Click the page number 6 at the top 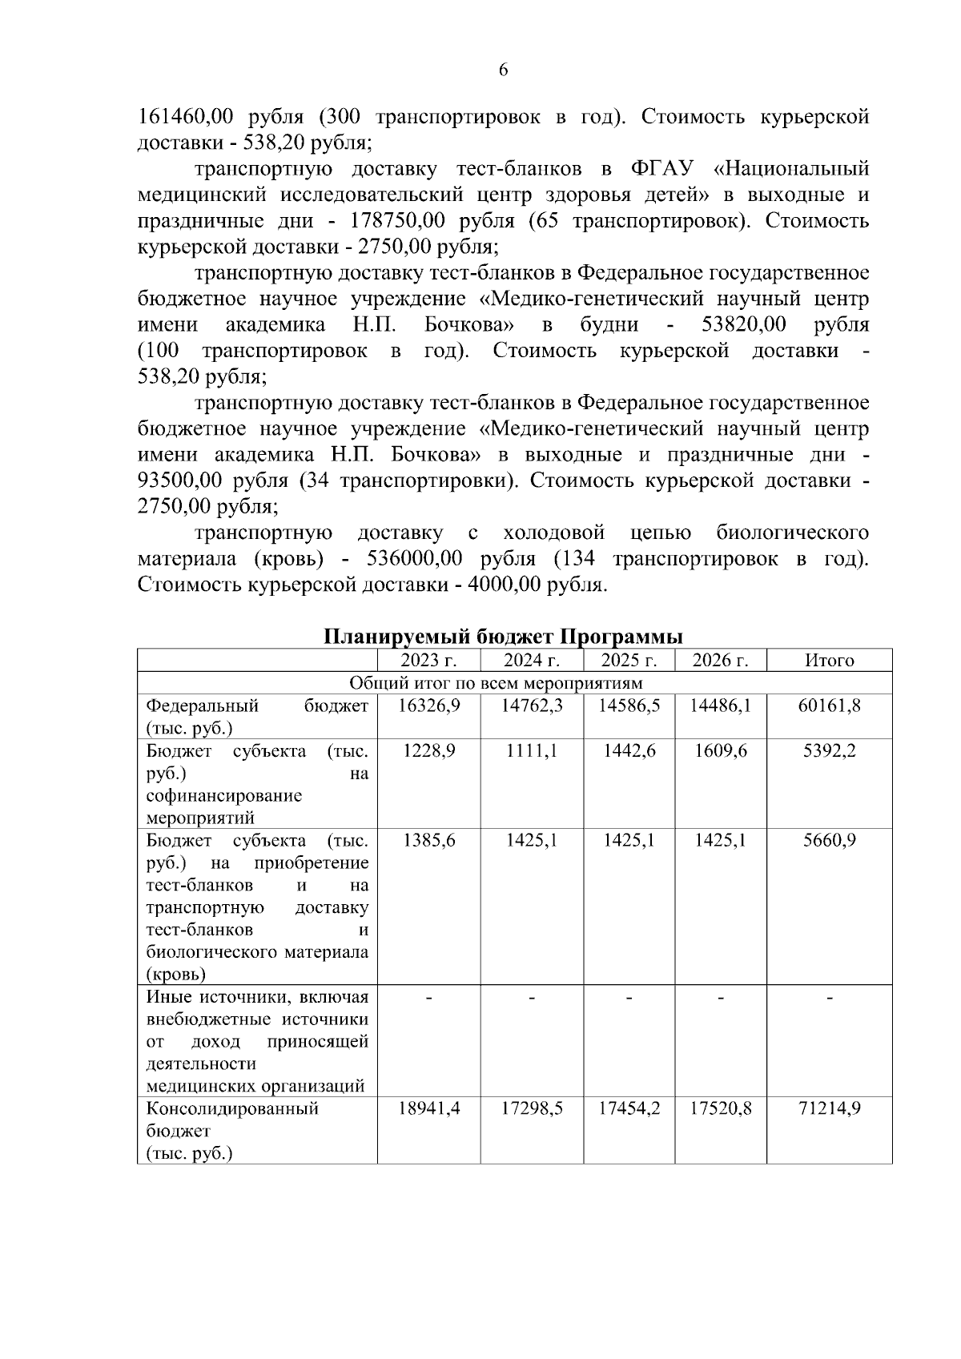[502, 70]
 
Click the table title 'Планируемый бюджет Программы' [503, 637]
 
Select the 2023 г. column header [428, 661]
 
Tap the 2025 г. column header [629, 661]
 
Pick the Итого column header [829, 661]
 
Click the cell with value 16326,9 [428, 706]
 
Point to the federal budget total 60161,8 [829, 706]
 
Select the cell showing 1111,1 [531, 751]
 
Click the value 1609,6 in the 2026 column [720, 751]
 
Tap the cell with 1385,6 [428, 841]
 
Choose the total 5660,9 [829, 841]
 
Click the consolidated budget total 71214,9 [829, 1109]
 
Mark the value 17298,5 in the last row [531, 1109]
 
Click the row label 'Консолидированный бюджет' [232, 1120]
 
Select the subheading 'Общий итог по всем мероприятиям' [496, 683]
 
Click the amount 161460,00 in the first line [185, 117]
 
